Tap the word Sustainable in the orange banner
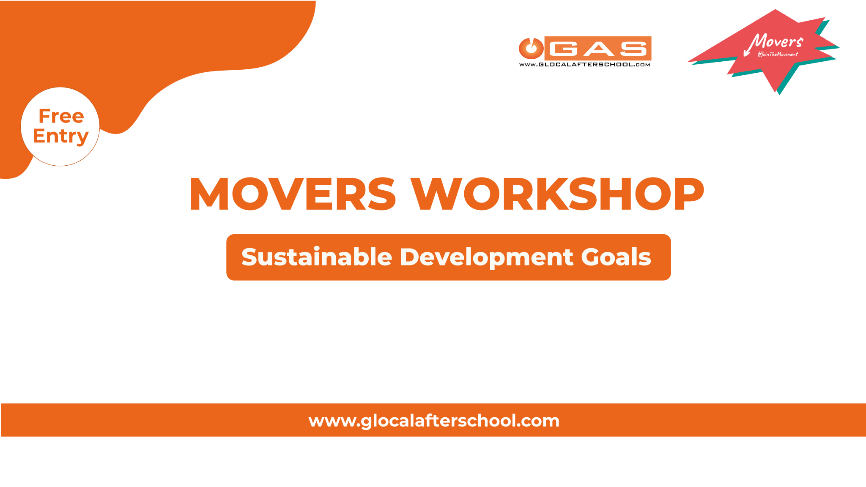pyautogui.click(x=317, y=257)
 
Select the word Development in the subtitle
pyautogui.click(x=487, y=257)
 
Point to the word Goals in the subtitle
pyautogui.click(x=616, y=257)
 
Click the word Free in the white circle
pyautogui.click(x=61, y=116)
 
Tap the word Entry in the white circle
pyautogui.click(x=61, y=137)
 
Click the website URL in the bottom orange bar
pyautogui.click(x=434, y=421)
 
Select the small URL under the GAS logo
pyautogui.click(x=584, y=65)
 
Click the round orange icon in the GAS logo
pyautogui.click(x=531, y=48)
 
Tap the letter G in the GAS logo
pyautogui.click(x=563, y=49)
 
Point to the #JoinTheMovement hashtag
pyautogui.click(x=778, y=54)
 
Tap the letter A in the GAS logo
pyautogui.click(x=597, y=49)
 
